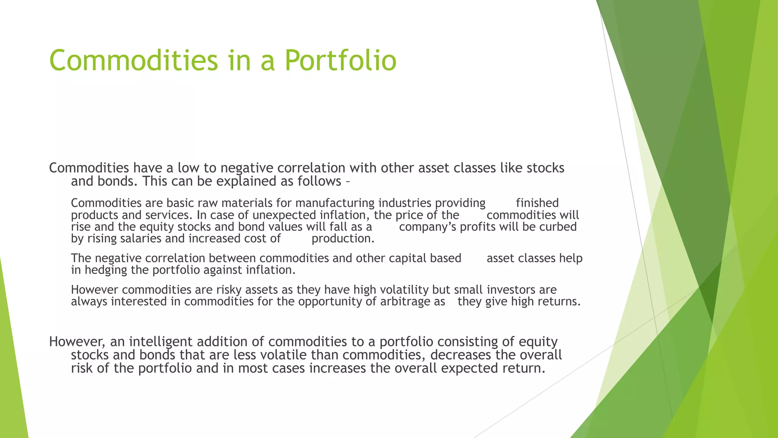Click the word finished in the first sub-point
point(537,203)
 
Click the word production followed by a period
point(342,239)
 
